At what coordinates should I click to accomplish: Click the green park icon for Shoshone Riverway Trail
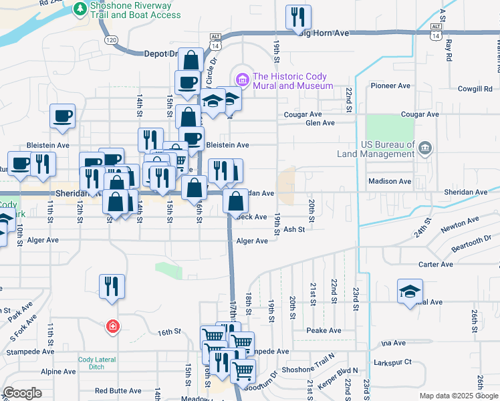80,9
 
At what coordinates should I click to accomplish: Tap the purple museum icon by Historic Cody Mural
242,81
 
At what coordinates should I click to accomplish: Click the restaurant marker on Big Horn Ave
298,17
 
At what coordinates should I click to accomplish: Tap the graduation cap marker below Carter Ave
410,291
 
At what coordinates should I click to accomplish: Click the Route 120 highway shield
112,40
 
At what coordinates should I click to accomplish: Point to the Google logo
23,393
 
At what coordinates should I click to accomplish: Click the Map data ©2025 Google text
458,396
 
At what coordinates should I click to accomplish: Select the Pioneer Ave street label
390,86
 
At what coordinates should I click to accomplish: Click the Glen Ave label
320,123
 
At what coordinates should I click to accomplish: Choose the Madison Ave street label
390,181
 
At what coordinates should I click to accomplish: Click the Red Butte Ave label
118,391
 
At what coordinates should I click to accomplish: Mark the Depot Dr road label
160,53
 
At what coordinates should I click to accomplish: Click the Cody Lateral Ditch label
97,363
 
